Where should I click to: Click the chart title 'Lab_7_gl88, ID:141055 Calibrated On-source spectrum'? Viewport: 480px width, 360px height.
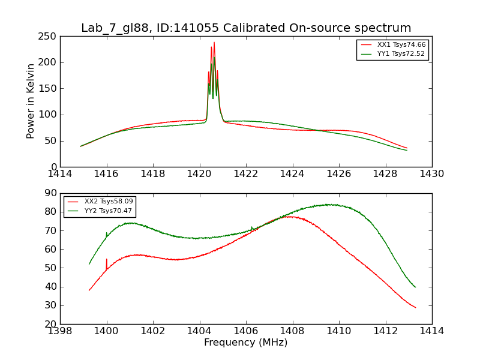246,28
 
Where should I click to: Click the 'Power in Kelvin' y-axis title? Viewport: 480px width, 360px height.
31,101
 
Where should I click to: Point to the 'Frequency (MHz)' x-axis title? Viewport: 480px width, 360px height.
246,343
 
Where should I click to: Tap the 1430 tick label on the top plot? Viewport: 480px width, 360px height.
431,174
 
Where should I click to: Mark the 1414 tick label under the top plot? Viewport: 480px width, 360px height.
61,174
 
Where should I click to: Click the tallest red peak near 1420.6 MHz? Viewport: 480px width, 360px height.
214,43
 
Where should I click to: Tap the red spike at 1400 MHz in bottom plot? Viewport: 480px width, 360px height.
107,260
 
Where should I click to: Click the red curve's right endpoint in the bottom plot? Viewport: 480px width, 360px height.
415,307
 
